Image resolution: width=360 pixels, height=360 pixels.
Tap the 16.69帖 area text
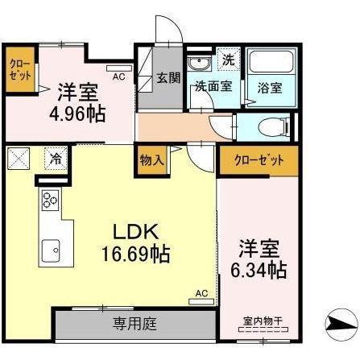click(x=134, y=254)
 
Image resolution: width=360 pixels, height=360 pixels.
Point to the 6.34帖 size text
click(x=259, y=269)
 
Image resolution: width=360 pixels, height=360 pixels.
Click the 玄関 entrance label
click(x=168, y=78)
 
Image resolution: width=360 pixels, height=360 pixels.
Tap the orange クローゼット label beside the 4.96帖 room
click(x=21, y=69)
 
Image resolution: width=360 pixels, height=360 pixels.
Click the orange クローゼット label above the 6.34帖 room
click(x=258, y=159)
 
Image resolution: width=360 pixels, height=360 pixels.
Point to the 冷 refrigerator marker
click(x=56, y=158)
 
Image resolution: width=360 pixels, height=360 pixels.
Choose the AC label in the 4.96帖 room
click(x=118, y=77)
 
